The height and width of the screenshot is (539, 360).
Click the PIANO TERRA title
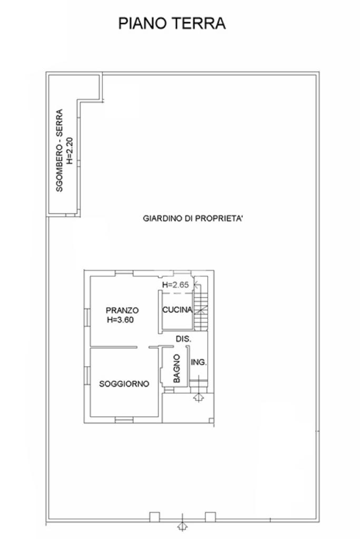(172, 23)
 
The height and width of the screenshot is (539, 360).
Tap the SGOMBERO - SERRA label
(59, 150)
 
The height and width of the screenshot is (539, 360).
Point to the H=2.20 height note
(70, 150)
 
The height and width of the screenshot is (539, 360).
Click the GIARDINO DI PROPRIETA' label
(193, 218)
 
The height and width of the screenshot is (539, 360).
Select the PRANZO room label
(122, 310)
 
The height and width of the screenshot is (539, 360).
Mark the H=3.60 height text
(120, 320)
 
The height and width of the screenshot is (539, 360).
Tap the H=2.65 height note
(176, 285)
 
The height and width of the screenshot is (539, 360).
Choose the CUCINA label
(177, 310)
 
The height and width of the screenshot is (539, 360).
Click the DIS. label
(183, 339)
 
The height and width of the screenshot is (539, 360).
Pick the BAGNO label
(177, 368)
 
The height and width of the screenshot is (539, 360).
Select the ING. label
(198, 362)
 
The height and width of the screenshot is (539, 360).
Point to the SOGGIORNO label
(124, 384)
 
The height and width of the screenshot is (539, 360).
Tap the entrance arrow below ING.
(199, 398)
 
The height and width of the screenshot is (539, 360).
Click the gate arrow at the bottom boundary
(182, 526)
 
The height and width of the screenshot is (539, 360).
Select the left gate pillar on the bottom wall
(154, 517)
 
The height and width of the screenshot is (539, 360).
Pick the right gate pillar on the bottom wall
(210, 517)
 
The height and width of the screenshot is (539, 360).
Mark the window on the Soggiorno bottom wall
(124, 420)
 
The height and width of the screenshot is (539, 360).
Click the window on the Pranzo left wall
(87, 317)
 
